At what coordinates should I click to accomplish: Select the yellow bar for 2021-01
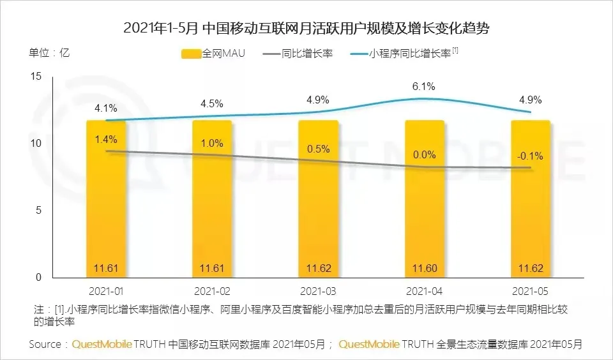click(x=107, y=204)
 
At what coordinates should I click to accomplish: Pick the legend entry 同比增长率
click(x=298, y=53)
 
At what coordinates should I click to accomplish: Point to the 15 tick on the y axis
click(x=36, y=77)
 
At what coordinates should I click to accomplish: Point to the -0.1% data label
click(x=529, y=157)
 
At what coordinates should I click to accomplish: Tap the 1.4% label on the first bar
click(x=106, y=139)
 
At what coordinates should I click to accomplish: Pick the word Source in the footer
click(x=46, y=344)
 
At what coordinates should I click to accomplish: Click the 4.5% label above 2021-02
click(x=212, y=103)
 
